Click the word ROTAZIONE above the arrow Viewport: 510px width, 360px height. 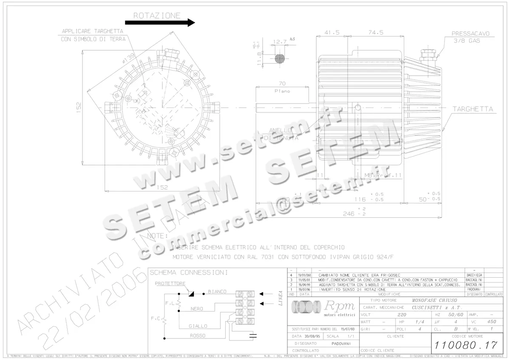pyautogui.click(x=157, y=16)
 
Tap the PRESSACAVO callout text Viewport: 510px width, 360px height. pyautogui.click(x=470, y=33)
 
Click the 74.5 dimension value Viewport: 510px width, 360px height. pyautogui.click(x=376, y=32)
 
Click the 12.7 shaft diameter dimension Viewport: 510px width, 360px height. pyautogui.click(x=279, y=42)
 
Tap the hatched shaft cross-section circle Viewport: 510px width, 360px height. pyautogui.click(x=280, y=59)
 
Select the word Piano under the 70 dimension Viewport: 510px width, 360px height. pyautogui.click(x=282, y=91)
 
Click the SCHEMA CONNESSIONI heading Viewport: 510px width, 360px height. pyautogui.click(x=189, y=272)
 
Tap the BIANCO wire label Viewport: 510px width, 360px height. pyautogui.click(x=217, y=292)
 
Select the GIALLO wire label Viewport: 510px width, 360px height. pyautogui.click(x=198, y=326)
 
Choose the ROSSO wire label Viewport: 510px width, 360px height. pyautogui.click(x=198, y=335)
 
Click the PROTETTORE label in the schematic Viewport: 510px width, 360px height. pyautogui.click(x=170, y=283)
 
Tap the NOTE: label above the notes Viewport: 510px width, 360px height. pyautogui.click(x=157, y=235)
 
